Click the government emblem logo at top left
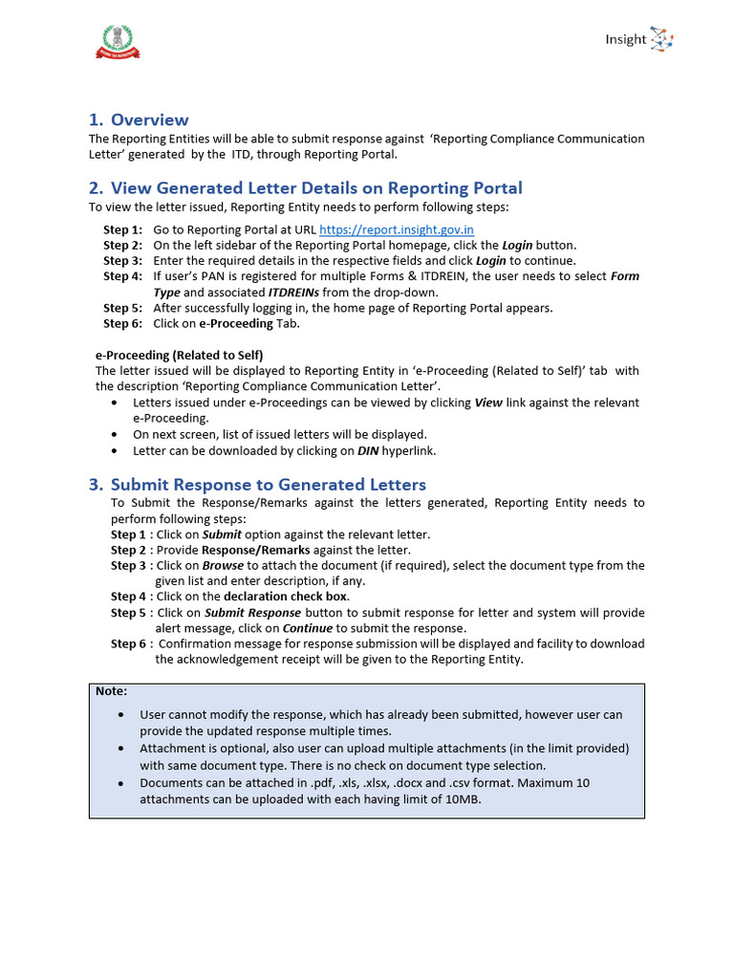point(119,41)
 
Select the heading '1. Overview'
point(139,120)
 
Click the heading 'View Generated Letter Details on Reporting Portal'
point(316,187)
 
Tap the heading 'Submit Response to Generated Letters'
point(268,485)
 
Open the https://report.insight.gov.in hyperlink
point(396,229)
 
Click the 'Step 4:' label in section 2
point(122,276)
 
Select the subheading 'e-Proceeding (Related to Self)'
point(179,355)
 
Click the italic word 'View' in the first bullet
point(488,402)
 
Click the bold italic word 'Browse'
point(223,565)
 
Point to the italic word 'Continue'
point(307,628)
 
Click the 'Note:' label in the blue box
point(111,691)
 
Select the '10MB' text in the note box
point(459,799)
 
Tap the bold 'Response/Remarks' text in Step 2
point(248,550)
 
